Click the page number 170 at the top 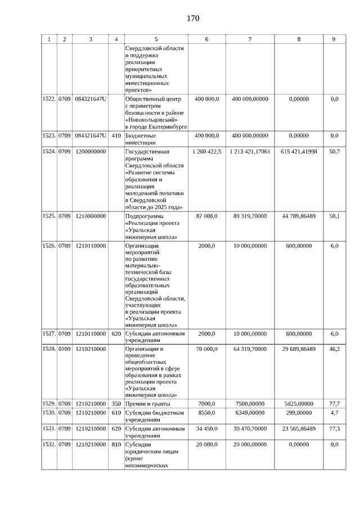point(193,19)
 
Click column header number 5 point(156,39)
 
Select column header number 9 point(334,39)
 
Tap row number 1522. point(49,99)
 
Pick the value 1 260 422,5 point(207,152)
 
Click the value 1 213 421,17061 point(250,152)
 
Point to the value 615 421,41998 point(299,152)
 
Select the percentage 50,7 point(334,152)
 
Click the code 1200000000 point(91,152)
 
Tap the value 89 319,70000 point(250,216)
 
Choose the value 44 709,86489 point(299,216)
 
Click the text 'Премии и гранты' point(147,404)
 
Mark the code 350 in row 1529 point(116,404)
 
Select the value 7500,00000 point(250,404)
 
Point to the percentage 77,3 point(334,429)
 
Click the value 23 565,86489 point(299,429)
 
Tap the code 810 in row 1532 point(116,444)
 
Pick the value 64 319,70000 point(250,349)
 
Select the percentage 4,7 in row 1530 point(334,413)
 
